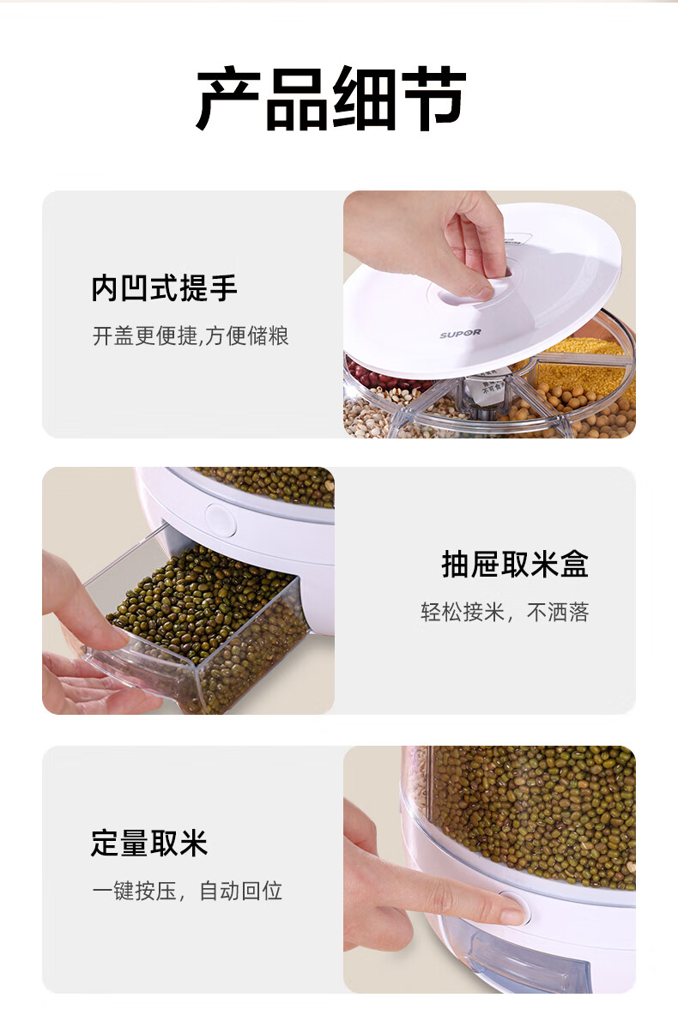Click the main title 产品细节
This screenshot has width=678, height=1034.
click(330, 98)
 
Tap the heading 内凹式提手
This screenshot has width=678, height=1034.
click(164, 287)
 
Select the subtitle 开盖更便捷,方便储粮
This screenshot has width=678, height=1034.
click(191, 336)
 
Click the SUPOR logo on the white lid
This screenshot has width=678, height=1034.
click(460, 333)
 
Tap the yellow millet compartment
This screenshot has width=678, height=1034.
click(582, 365)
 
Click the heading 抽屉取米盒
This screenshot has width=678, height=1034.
click(515, 564)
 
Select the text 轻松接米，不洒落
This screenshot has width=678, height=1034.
click(505, 613)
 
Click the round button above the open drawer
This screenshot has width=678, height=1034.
click(221, 521)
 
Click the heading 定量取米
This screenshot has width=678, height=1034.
click(149, 843)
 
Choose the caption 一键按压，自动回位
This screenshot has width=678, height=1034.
click(187, 891)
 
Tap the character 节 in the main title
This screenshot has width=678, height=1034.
click(434, 99)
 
